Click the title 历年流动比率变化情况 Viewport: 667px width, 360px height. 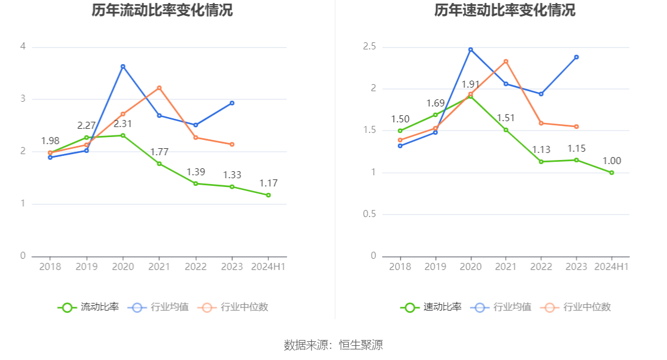[162, 11]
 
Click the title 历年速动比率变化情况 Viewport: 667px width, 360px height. [505, 11]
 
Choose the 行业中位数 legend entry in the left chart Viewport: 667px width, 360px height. [234, 307]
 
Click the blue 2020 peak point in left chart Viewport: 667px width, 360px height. [123, 66]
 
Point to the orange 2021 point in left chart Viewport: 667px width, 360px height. [159, 88]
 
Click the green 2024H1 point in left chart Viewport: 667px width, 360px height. [268, 195]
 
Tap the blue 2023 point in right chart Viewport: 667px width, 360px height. [576, 57]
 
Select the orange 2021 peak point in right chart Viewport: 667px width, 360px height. [506, 61]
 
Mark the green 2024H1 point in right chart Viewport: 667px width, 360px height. [612, 172]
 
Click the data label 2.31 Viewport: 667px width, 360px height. [123, 124]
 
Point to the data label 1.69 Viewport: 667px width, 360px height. [435, 104]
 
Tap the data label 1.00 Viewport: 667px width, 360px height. [612, 161]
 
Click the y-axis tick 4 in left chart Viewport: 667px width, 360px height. [23, 46]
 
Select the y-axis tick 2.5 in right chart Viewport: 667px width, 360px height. [370, 46]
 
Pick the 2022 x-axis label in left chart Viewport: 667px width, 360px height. [196, 266]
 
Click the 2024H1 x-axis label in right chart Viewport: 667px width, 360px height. [612, 266]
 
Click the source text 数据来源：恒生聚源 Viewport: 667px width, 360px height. [333, 345]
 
